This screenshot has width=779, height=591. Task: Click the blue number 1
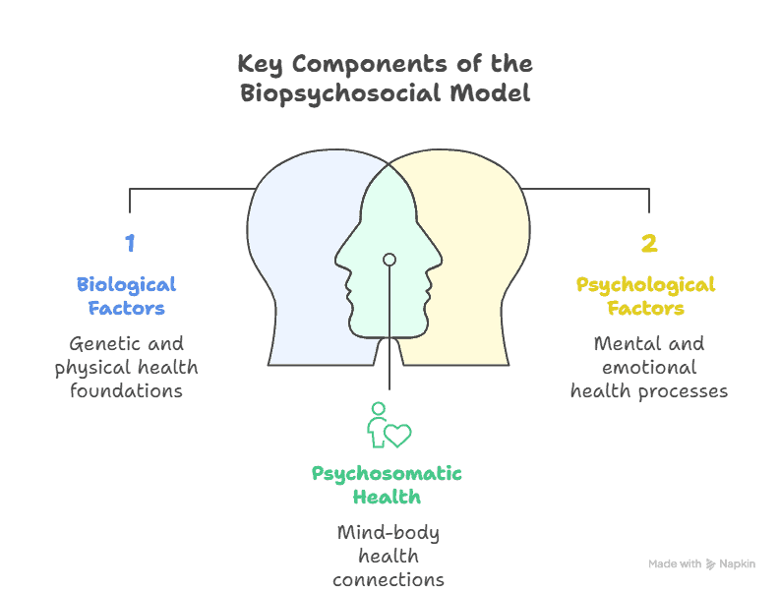129,243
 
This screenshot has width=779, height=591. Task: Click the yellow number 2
648,243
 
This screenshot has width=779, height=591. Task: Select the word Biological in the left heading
126,284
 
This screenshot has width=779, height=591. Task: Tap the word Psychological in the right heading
645,284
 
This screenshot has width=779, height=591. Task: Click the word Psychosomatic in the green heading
387,473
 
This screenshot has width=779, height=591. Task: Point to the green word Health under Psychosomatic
387,497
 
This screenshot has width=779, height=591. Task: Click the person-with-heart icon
388,425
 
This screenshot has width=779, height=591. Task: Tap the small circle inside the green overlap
389,260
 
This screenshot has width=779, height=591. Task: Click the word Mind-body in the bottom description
388,533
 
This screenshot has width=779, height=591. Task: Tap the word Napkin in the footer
737,564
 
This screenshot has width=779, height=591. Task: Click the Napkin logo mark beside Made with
711,564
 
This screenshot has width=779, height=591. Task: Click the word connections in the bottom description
388,579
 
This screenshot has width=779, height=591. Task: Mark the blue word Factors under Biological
126,308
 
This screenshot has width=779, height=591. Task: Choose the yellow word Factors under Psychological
645,308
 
